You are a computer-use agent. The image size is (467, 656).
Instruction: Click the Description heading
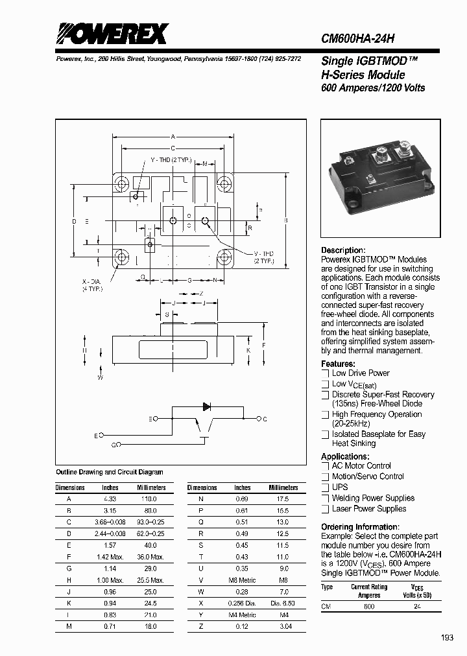tap(343, 250)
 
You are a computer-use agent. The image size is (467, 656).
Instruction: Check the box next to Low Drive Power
tap(326, 373)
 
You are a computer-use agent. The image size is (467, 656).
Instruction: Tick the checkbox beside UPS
tap(326, 487)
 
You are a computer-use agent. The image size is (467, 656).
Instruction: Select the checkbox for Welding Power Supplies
tap(326, 498)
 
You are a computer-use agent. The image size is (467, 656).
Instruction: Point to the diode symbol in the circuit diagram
tap(207, 407)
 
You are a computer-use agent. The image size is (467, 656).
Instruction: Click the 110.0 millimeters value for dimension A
tap(150, 499)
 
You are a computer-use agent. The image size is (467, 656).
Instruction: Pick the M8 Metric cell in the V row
tap(242, 580)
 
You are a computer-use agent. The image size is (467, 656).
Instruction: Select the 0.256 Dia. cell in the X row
tap(242, 603)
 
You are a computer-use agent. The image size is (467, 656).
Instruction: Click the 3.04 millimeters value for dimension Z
tap(283, 626)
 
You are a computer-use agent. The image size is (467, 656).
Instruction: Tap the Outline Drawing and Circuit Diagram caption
tap(110, 473)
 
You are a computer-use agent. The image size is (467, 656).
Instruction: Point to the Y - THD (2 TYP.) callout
tap(171, 159)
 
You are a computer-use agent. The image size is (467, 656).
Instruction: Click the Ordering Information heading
tap(360, 527)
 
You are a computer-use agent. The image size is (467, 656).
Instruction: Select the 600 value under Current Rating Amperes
tap(369, 606)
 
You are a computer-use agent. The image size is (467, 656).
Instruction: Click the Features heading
tap(338, 364)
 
